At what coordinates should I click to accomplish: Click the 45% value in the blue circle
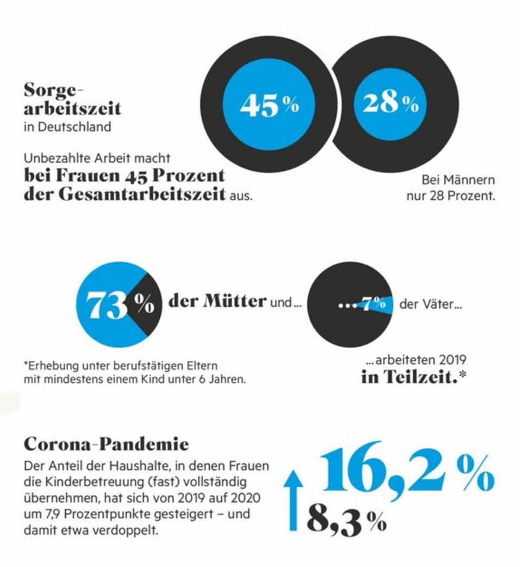[x=269, y=105]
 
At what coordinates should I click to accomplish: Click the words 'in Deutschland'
[x=67, y=127]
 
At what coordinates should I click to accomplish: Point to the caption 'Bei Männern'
[x=458, y=180]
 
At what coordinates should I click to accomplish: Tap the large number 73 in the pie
[x=108, y=307]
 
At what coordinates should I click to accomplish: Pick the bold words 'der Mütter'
[x=217, y=302]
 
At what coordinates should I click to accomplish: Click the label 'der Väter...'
[x=431, y=304]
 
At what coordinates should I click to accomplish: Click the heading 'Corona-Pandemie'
[x=106, y=444]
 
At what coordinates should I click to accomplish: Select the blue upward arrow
[x=294, y=500]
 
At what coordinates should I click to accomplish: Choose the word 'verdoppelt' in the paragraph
[x=131, y=529]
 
